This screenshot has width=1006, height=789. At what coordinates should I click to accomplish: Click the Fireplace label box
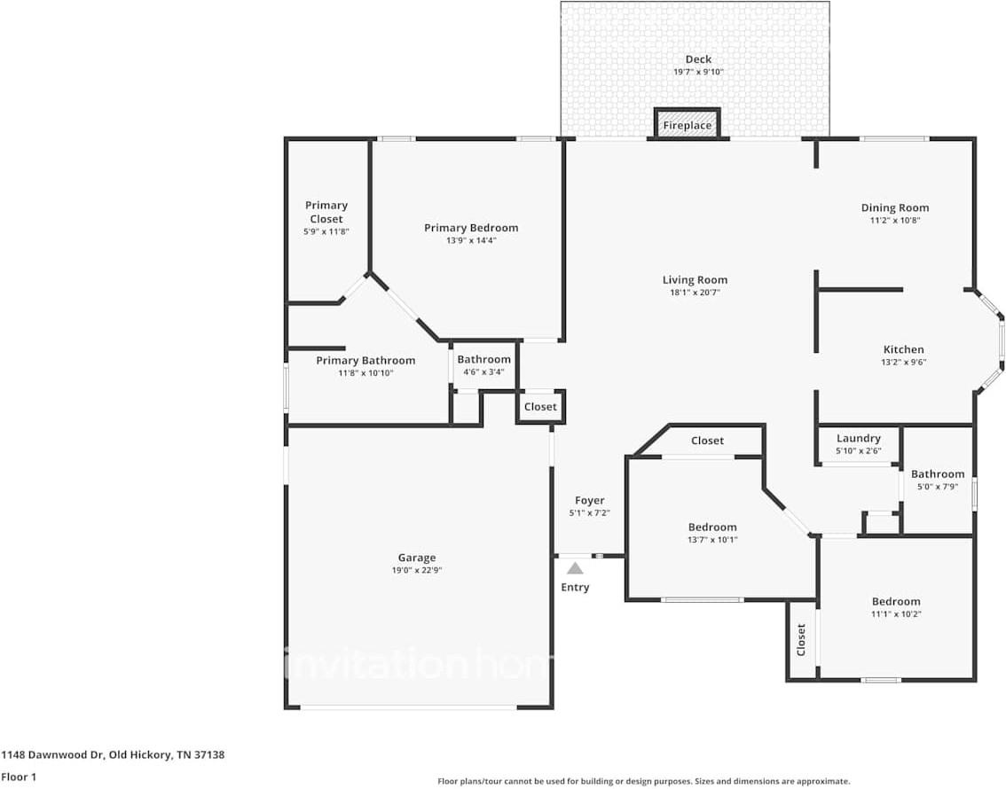(x=688, y=125)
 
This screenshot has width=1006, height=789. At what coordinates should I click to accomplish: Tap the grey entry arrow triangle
(x=575, y=568)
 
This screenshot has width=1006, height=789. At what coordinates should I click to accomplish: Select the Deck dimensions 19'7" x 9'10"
(x=698, y=72)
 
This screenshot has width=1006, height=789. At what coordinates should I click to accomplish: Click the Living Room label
(x=695, y=280)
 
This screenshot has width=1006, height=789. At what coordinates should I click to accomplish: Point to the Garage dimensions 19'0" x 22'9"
(x=417, y=570)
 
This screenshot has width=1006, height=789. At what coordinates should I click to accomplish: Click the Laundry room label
(x=858, y=438)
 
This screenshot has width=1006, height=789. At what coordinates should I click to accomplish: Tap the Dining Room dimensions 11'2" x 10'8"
(x=895, y=220)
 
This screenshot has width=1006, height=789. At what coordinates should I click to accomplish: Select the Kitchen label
(x=903, y=349)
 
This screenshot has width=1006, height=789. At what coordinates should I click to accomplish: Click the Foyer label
(x=589, y=501)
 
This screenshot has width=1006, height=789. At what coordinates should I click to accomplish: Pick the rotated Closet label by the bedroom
(x=801, y=640)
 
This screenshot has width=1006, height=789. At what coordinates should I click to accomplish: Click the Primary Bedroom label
(x=471, y=228)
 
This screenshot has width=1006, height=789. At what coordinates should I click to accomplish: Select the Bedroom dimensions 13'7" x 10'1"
(x=712, y=539)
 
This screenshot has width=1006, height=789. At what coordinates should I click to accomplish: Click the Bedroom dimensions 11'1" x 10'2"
(x=895, y=613)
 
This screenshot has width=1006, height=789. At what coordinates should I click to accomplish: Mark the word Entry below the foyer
(x=575, y=587)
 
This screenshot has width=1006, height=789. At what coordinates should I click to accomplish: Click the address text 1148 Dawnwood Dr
(x=53, y=755)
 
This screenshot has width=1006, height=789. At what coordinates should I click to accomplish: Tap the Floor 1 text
(x=19, y=777)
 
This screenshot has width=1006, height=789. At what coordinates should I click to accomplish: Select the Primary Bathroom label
(x=365, y=361)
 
